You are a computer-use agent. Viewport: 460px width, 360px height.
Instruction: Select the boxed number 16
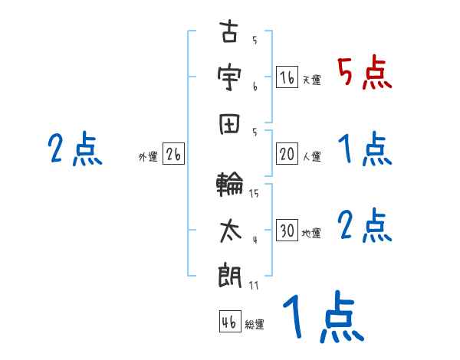[x=287, y=77]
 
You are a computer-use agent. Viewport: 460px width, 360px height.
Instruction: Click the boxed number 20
[x=287, y=154]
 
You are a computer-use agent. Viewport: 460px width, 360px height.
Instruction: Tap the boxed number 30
[x=287, y=231]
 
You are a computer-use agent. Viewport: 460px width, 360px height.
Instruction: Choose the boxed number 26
[x=173, y=155]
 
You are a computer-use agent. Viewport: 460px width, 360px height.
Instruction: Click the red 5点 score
[x=364, y=73]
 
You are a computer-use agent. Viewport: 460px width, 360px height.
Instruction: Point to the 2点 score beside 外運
[x=74, y=149]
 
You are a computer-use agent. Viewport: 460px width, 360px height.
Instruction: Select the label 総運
[x=255, y=324]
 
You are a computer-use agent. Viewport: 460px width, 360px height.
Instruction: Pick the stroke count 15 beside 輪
[x=254, y=193]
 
